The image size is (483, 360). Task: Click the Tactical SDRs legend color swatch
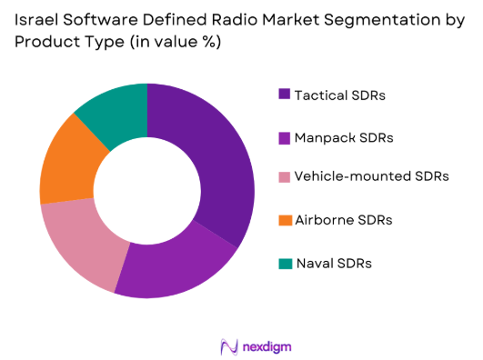pyautogui.click(x=285, y=94)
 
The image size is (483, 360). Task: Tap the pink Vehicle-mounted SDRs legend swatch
pyautogui.click(x=285, y=178)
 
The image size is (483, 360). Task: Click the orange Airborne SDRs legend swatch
pyautogui.click(x=285, y=220)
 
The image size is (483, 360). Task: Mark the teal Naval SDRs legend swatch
pyautogui.click(x=285, y=263)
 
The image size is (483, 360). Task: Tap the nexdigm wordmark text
pyautogui.click(x=266, y=346)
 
